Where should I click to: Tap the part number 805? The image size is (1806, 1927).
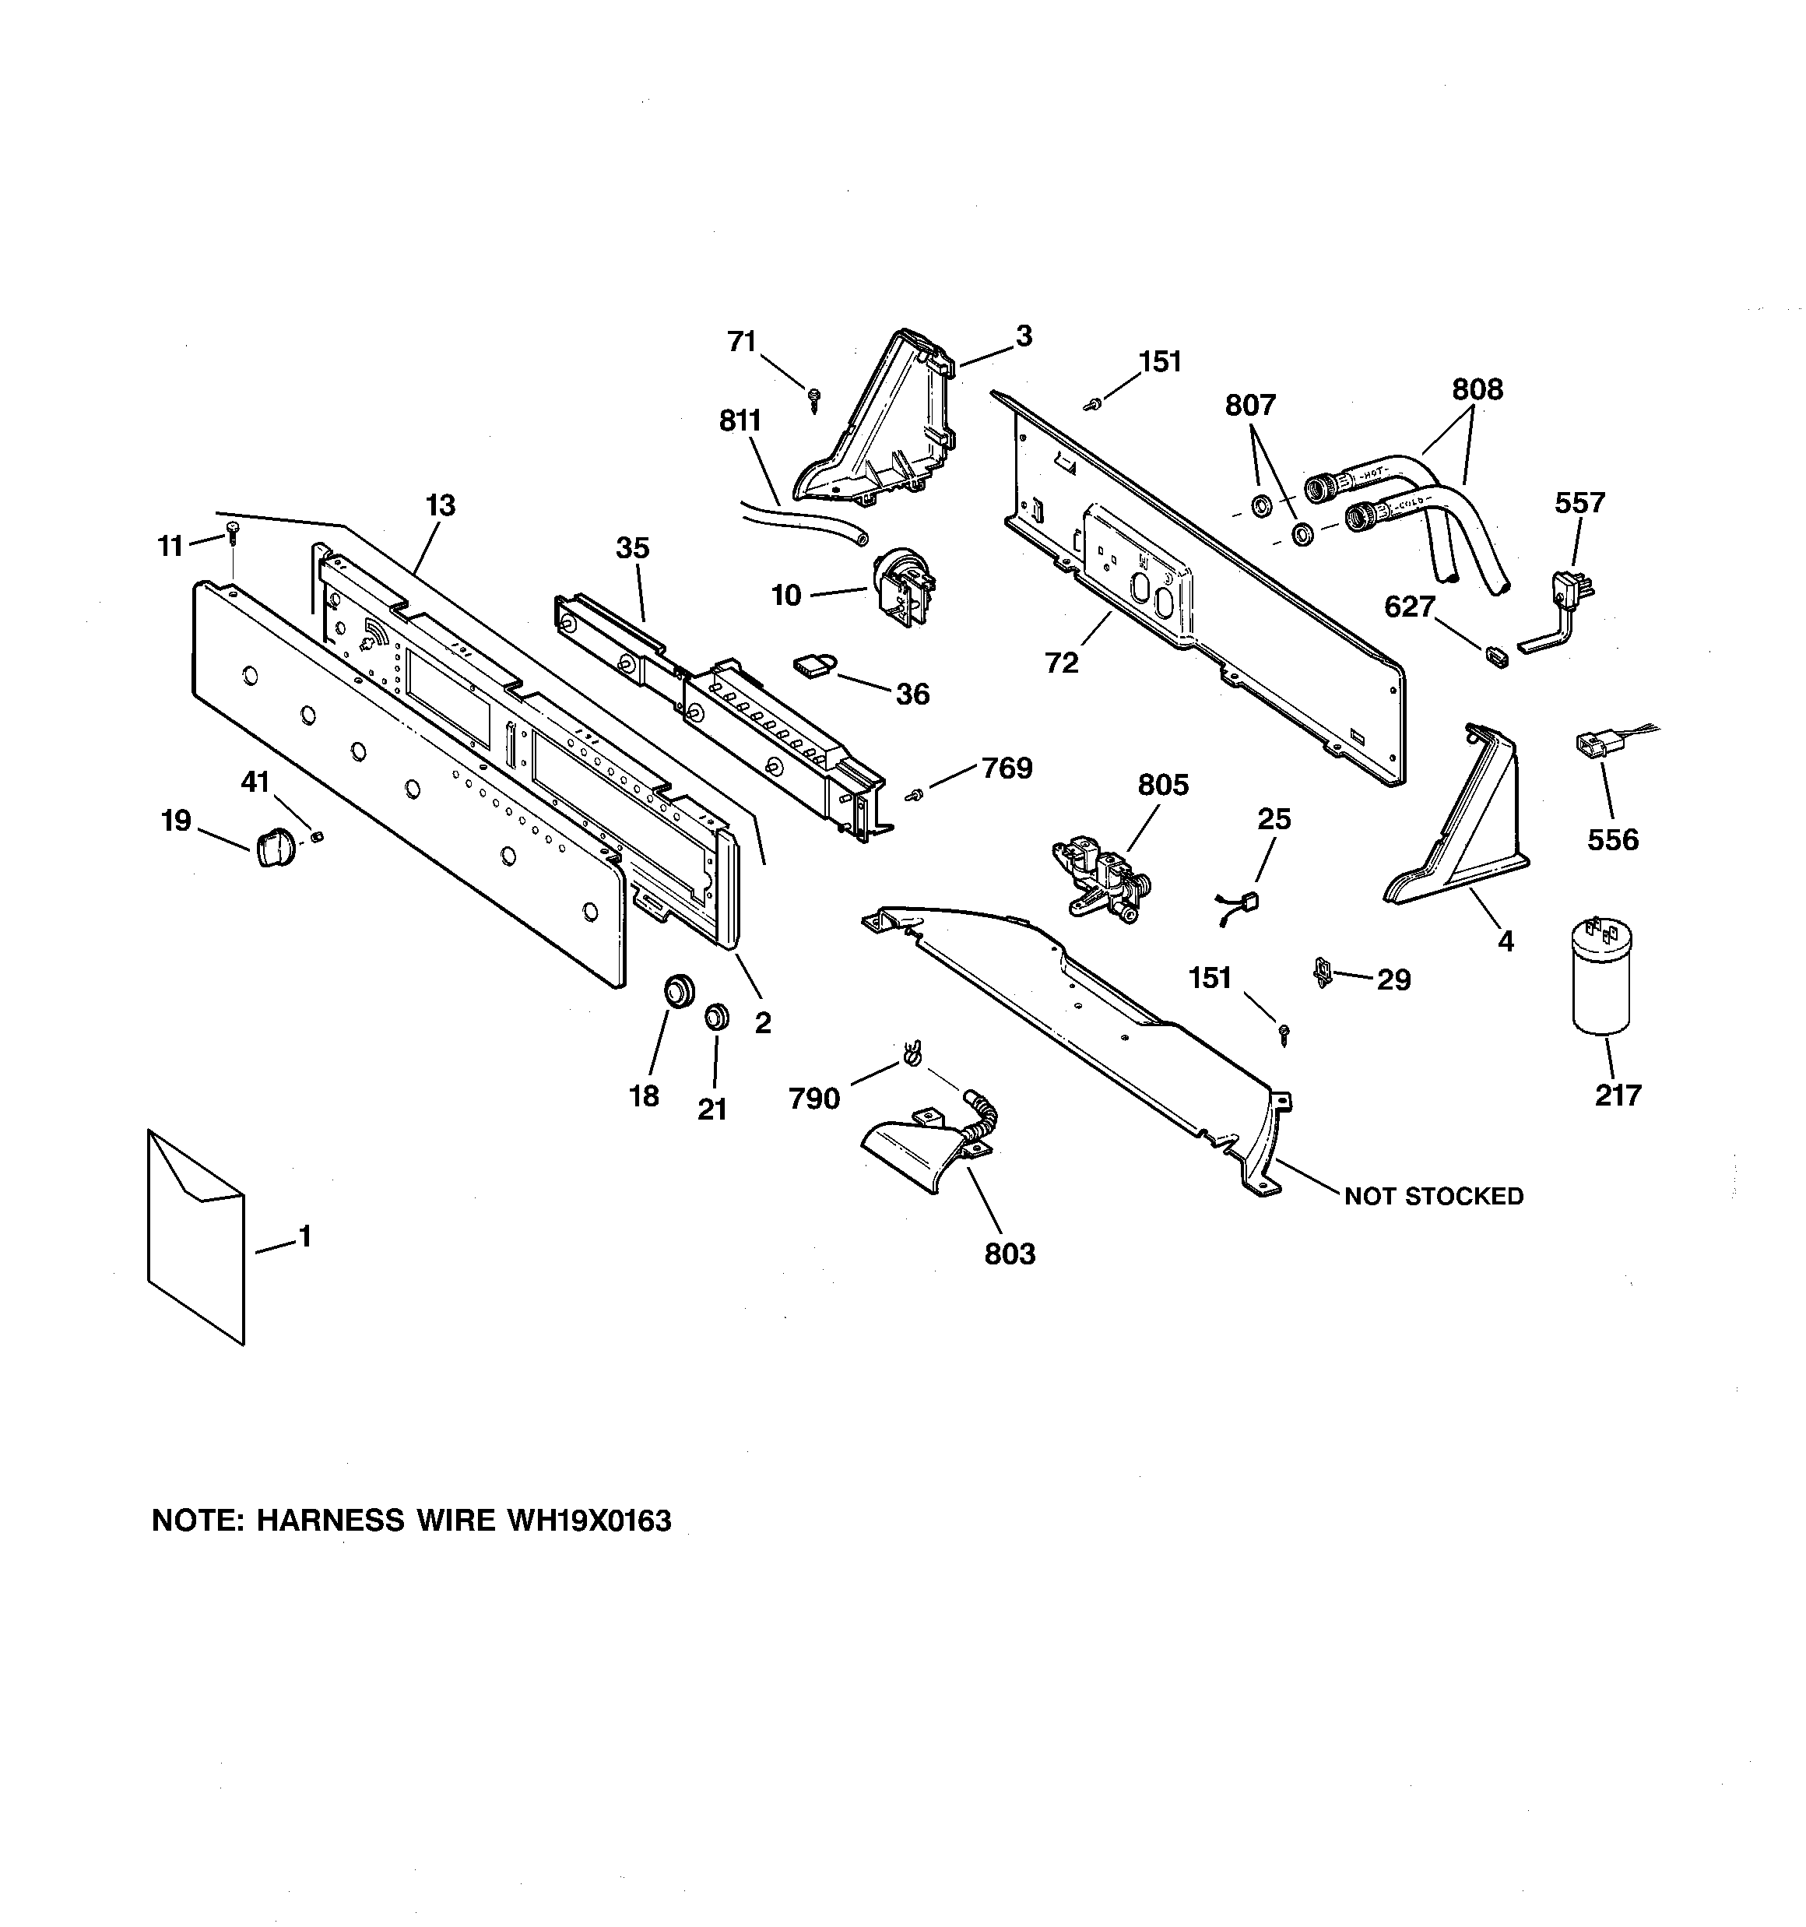click(1162, 784)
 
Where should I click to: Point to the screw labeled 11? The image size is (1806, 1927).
click(233, 529)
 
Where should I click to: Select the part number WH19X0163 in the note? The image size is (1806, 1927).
click(589, 1520)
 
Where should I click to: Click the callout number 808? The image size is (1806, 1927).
click(1477, 389)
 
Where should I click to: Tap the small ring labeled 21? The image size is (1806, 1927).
click(715, 1017)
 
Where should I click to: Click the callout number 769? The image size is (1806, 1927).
click(1007, 768)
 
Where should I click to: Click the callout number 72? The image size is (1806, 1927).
click(1062, 663)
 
